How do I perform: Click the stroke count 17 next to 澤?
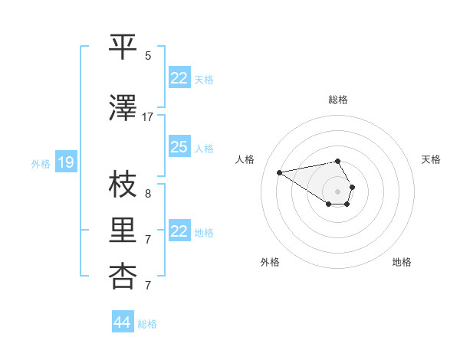tap(148, 117)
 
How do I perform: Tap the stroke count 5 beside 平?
tap(148, 56)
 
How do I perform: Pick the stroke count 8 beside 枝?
tap(148, 194)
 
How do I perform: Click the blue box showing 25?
tap(179, 147)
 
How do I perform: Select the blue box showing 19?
tap(65, 162)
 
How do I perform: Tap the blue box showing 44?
tap(122, 322)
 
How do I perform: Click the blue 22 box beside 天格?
tap(179, 78)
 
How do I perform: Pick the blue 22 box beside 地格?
tap(179, 231)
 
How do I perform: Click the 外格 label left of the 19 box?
tap(40, 163)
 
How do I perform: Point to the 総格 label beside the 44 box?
tap(147, 324)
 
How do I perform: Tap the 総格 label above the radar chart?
tap(337, 100)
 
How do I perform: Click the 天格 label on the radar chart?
tap(431, 159)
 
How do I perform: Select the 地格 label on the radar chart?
tap(402, 262)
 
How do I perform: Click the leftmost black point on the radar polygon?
tap(279, 172)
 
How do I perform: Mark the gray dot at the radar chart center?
tap(337, 191)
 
